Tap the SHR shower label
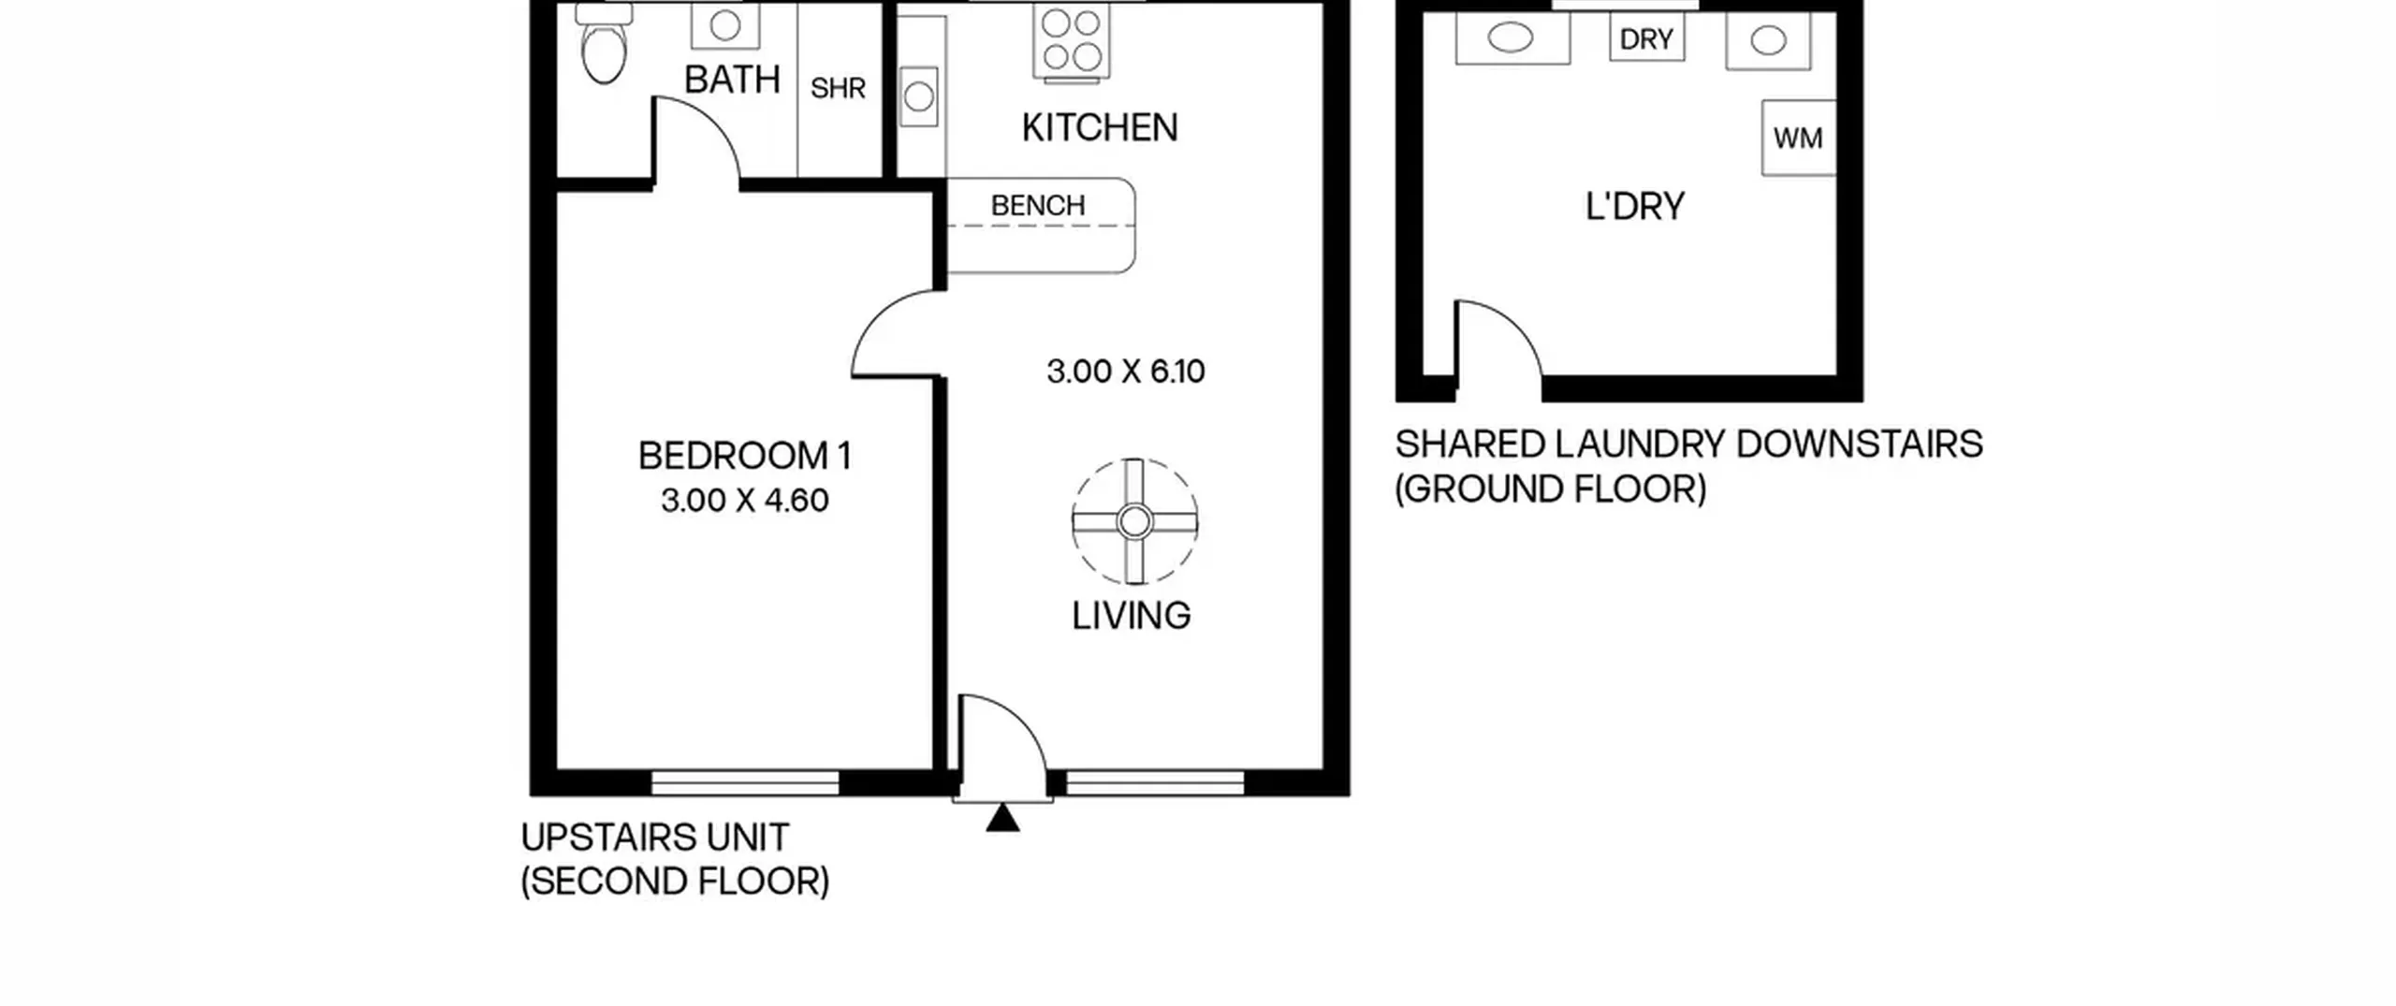coord(838,88)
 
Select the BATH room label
coord(732,80)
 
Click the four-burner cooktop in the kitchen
coord(1072,42)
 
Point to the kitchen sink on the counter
coord(919,96)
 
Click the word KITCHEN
coord(1100,127)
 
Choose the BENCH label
coord(1038,205)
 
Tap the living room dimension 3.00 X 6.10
coord(1126,372)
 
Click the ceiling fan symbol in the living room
coord(1134,521)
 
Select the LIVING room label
coord(1132,616)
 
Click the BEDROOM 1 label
coord(745,456)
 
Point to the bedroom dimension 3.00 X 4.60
coord(745,501)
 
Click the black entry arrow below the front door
coord(1002,818)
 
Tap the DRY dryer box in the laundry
coord(1647,38)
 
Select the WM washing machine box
coord(1798,138)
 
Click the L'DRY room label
coord(1635,206)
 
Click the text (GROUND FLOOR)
coord(1551,489)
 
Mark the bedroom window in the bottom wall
coord(745,783)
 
